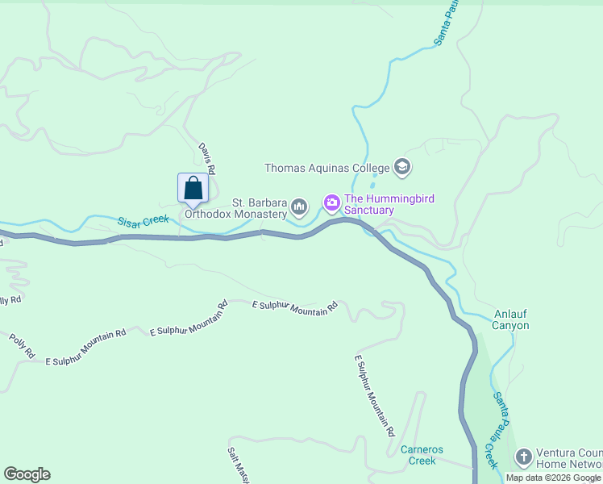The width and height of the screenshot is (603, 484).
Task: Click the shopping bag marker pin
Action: [193, 189]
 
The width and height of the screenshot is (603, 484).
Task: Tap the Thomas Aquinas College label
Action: [327, 169]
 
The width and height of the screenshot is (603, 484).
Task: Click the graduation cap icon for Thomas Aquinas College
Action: [401, 168]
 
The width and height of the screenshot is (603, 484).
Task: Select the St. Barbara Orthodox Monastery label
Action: [236, 208]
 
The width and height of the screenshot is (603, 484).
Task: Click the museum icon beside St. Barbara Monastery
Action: [300, 207]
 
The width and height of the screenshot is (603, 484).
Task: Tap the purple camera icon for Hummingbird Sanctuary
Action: [331, 205]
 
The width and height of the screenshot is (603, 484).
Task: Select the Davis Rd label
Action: [207, 159]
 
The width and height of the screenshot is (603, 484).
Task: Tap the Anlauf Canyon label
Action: [512, 320]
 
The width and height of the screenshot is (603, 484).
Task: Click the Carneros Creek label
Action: [422, 455]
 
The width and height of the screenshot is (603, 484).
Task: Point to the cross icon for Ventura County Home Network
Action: [524, 458]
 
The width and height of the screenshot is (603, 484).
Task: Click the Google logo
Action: [27, 474]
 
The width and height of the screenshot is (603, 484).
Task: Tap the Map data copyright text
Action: [553, 478]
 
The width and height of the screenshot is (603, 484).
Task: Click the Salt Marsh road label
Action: [236, 465]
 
